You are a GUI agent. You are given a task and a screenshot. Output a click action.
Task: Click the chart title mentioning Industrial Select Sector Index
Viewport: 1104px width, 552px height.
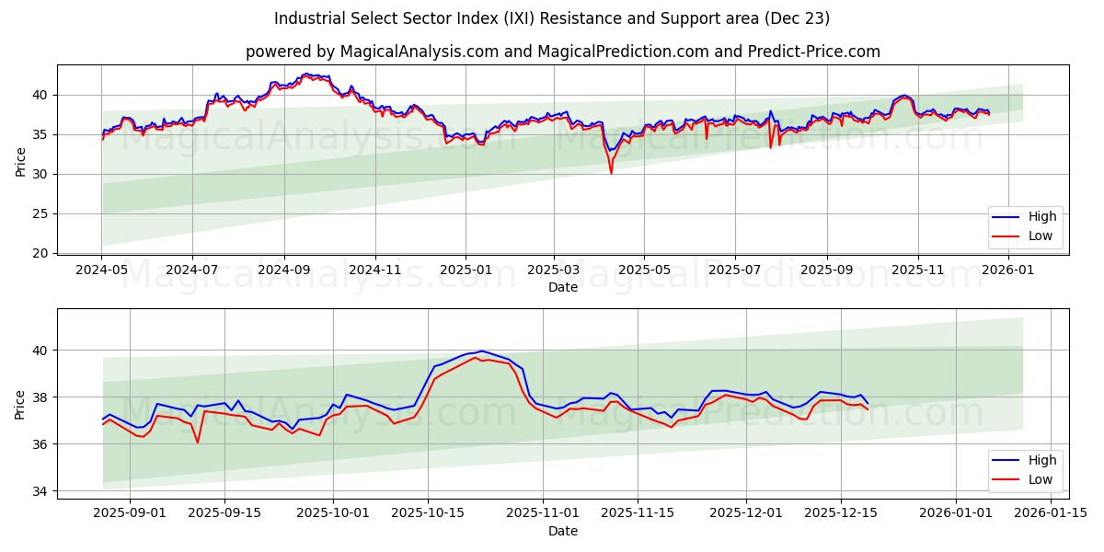(x=552, y=18)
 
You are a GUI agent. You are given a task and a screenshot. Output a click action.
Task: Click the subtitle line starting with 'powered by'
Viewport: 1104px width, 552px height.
(x=562, y=52)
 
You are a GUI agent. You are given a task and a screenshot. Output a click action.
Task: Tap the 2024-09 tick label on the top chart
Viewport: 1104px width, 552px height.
(x=283, y=270)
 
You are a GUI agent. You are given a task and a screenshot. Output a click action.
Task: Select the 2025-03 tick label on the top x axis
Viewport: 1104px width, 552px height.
(x=554, y=270)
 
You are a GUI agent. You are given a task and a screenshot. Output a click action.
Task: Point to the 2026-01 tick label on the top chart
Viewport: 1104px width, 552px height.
(x=1008, y=270)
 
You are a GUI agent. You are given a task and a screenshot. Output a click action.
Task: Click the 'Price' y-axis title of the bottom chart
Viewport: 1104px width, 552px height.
(x=20, y=404)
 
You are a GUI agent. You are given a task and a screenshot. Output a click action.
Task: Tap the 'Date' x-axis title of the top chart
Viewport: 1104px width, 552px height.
(x=562, y=287)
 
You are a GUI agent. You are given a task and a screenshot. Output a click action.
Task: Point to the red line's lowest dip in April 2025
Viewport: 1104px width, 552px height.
(x=611, y=173)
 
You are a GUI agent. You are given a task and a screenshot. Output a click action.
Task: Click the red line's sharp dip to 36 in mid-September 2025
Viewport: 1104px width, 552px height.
(x=197, y=443)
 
